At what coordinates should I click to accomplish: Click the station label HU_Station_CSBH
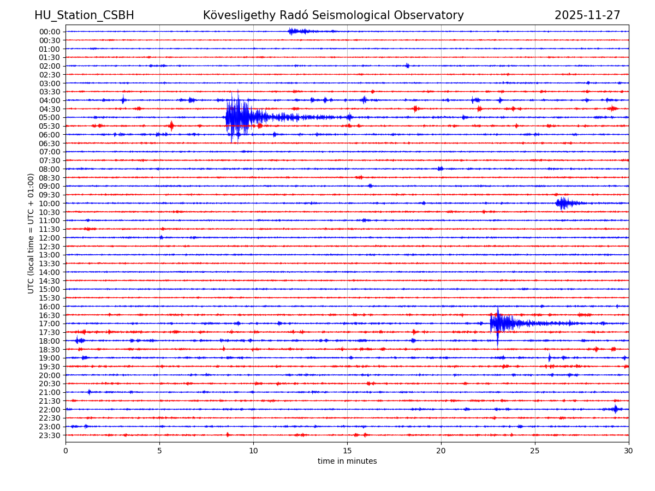84,15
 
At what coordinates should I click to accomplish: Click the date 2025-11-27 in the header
587,15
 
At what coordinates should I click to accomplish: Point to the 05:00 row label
50,117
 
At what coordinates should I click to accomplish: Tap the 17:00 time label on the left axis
50,324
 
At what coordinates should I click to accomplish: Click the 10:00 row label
50,203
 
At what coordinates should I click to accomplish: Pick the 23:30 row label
50,435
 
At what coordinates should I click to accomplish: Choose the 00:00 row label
50,32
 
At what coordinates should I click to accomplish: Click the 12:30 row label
50,247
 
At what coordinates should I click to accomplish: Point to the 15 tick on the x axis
347,451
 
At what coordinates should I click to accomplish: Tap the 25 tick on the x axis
535,451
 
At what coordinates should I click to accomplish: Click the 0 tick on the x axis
65,451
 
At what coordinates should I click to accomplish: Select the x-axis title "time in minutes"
347,462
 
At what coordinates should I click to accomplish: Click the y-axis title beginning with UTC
31,233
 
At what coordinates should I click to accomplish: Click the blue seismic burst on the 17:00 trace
500,323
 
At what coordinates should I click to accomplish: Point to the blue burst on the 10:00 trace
563,203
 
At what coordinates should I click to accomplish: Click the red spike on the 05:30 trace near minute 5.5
171,126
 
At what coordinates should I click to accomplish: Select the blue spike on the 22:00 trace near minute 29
615,409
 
